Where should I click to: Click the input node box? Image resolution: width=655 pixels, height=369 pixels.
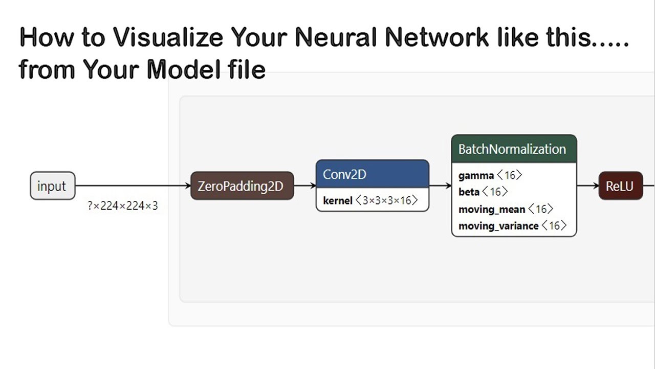52,186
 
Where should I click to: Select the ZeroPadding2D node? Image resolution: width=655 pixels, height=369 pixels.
242,186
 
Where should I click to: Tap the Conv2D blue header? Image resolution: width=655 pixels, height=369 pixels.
372,174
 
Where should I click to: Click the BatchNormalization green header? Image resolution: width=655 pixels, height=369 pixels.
514,149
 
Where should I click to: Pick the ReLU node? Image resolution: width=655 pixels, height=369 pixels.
620,186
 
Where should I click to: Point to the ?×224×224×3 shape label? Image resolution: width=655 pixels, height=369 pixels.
123,206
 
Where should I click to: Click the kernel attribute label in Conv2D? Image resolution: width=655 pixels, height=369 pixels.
338,201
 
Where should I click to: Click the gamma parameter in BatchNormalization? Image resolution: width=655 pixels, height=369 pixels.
476,176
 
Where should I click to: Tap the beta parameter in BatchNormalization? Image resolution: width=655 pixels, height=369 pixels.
469,192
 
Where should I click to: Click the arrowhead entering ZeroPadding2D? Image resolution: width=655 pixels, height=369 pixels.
187,186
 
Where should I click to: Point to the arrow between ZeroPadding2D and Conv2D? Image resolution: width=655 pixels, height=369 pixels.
305,186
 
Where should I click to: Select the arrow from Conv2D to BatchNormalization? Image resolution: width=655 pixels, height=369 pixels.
440,186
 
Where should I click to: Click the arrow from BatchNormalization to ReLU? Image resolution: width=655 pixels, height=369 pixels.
588,186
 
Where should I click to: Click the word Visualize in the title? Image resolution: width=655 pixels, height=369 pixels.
168,38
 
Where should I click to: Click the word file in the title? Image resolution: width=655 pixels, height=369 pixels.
244,69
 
